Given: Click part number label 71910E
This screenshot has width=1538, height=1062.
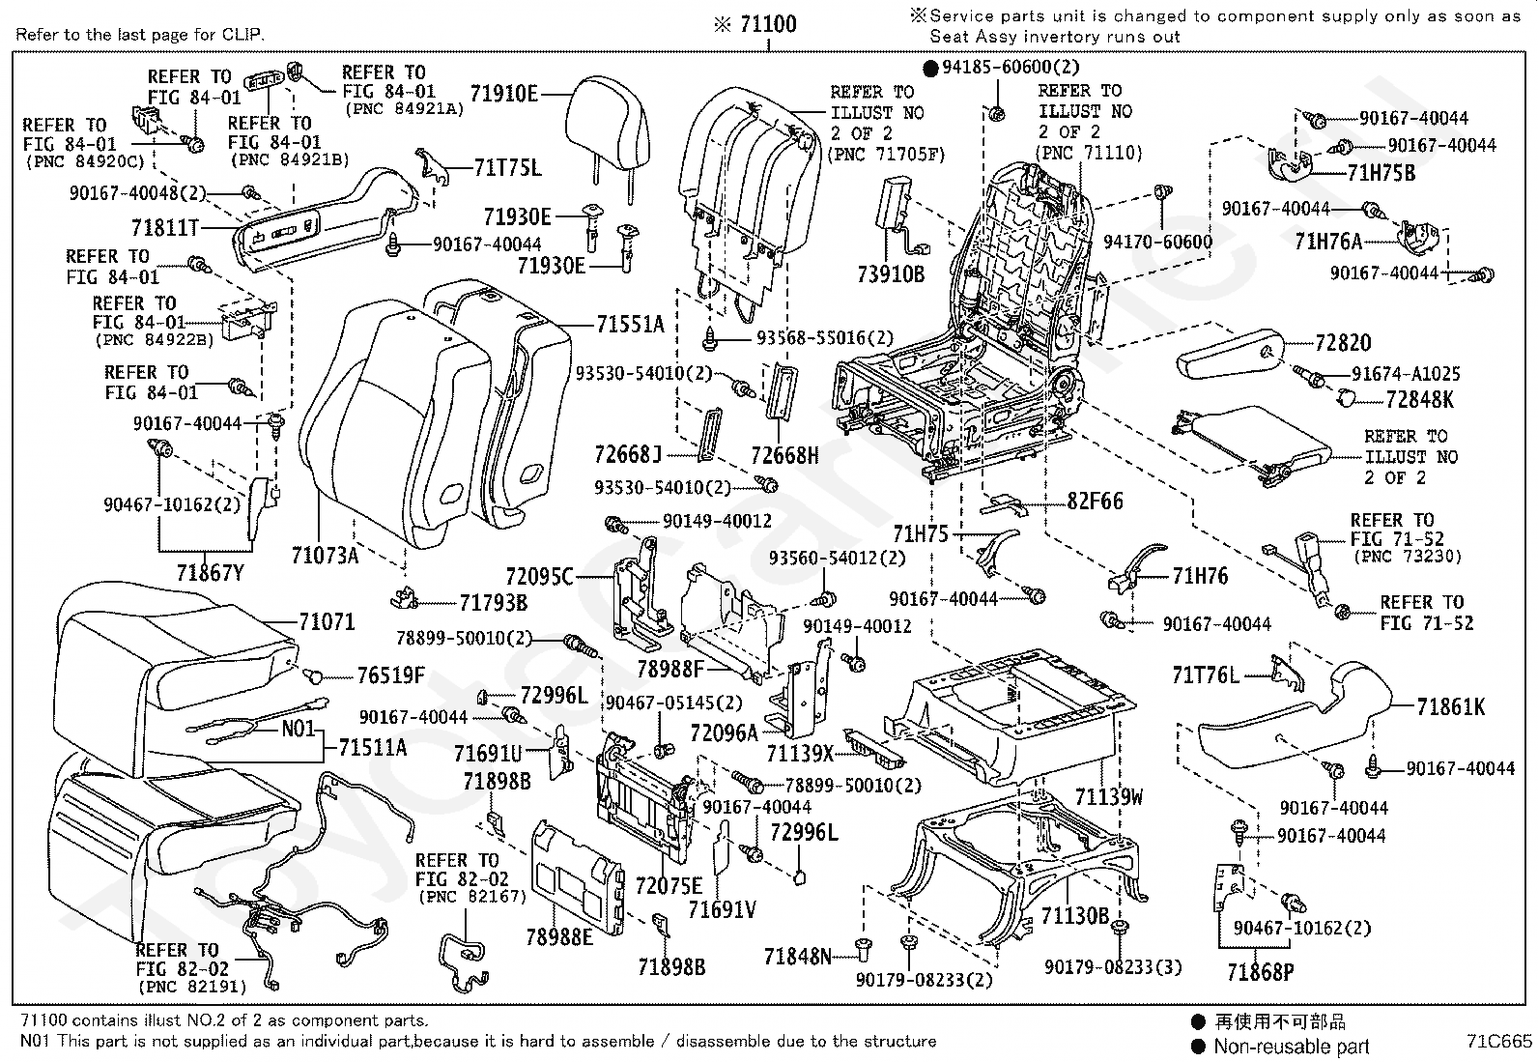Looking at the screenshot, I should [x=503, y=93].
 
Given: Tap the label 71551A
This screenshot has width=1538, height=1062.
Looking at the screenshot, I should [x=630, y=325].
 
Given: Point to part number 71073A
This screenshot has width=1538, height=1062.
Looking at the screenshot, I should [x=325, y=556].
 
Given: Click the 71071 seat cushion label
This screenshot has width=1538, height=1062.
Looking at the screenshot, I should [x=327, y=622].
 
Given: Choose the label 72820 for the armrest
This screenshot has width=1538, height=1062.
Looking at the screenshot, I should [x=1342, y=343].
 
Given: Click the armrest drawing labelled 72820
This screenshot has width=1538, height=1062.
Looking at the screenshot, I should [x=1232, y=356].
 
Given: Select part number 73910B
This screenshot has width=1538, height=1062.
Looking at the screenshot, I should [x=890, y=274].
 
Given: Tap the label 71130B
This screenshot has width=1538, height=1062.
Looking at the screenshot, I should [x=1074, y=915].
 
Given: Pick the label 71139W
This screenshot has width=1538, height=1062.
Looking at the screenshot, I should [x=1109, y=796].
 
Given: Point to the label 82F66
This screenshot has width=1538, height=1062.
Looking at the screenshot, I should [x=1096, y=502].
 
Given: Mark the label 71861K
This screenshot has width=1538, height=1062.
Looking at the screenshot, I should [x=1451, y=707].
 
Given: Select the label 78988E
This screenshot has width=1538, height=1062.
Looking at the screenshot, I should [x=559, y=937].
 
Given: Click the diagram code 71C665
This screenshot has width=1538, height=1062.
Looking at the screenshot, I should [x=1497, y=1042].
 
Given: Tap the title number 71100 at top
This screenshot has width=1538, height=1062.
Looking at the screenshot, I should [x=768, y=24].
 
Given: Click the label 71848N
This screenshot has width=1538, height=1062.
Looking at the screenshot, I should [x=797, y=957].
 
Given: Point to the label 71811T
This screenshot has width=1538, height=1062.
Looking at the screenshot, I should [x=164, y=228].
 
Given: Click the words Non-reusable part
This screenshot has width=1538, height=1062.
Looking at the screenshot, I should [x=1291, y=1046].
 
